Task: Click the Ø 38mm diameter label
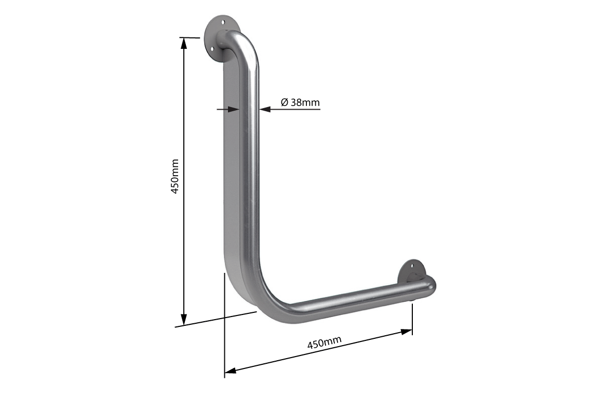pos(300,102)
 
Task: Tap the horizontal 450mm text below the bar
pos(324,343)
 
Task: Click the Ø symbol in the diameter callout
pos(284,102)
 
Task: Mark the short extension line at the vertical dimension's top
pos(190,37)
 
